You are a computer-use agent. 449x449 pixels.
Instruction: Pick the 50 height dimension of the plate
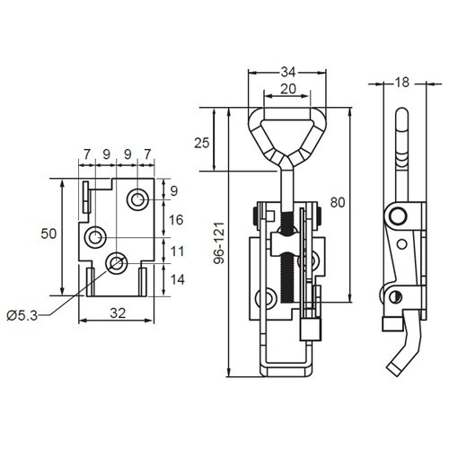[48, 234]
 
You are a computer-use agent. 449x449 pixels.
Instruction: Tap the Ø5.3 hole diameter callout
[22, 313]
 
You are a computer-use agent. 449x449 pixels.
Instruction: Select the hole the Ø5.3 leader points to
[115, 263]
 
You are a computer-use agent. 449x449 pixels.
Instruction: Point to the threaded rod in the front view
[287, 260]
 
